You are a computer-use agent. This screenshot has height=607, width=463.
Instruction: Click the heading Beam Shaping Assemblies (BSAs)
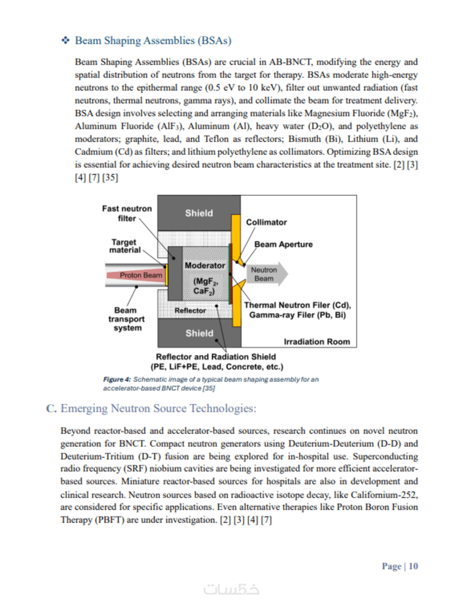(x=153, y=41)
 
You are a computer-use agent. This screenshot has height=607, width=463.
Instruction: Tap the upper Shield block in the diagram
(x=199, y=213)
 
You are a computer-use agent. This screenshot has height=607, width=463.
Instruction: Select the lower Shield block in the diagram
(x=199, y=333)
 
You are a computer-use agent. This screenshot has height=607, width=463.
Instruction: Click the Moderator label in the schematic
(x=204, y=265)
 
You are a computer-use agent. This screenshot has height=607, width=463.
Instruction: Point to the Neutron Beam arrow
(x=267, y=274)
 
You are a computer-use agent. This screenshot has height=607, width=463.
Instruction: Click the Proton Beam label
(x=141, y=275)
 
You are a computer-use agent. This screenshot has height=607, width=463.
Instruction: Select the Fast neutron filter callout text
(x=127, y=213)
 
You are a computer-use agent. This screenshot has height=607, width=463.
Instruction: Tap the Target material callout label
(x=125, y=246)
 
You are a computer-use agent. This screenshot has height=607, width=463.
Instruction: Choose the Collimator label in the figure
(x=266, y=222)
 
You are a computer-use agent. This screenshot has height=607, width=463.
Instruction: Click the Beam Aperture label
(x=284, y=245)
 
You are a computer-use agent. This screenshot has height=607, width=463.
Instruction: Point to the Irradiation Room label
(x=317, y=342)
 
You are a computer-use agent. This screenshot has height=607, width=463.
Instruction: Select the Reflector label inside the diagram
(x=190, y=310)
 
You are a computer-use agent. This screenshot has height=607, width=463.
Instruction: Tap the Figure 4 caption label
(x=117, y=379)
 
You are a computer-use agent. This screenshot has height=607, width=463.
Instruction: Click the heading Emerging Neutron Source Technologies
(x=158, y=409)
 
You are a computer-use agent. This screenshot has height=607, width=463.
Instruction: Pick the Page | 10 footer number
(x=400, y=567)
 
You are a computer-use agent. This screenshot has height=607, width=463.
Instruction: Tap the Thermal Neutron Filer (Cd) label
(x=298, y=305)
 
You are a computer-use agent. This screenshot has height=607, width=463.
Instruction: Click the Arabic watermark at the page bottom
(x=231, y=590)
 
